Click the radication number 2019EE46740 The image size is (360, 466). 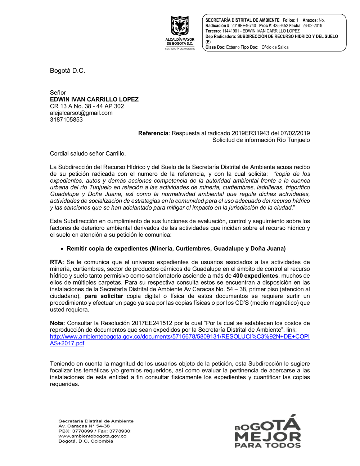(x=244, y=26)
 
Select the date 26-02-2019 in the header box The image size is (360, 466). (x=312, y=26)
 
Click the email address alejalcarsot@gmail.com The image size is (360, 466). (x=81, y=113)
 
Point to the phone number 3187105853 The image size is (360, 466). (x=66, y=120)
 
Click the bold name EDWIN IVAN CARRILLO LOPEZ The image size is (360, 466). (x=94, y=99)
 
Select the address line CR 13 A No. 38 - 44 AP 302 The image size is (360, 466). (x=87, y=106)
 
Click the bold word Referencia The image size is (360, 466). (x=153, y=133)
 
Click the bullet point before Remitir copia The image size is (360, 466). (x=62, y=249)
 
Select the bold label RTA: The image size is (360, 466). (x=57, y=262)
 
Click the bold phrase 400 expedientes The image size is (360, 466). (x=256, y=276)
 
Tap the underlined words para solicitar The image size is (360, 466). (x=104, y=296)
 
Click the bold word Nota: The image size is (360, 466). (x=58, y=323)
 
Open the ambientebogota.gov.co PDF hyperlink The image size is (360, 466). (x=180, y=337)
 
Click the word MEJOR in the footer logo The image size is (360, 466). (x=267, y=437)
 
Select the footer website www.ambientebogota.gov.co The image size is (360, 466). (x=93, y=436)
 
